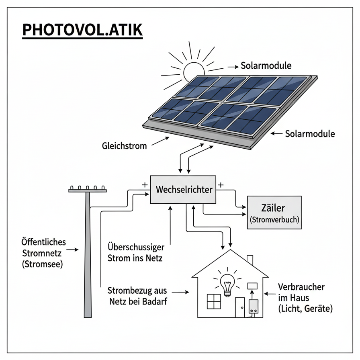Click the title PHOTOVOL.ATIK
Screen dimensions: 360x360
tap(82, 31)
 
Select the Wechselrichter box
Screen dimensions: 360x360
tap(183, 190)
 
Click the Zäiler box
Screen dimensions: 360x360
tap(274, 213)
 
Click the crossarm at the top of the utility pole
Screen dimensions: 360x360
tap(87, 190)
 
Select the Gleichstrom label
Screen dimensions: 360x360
tap(124, 145)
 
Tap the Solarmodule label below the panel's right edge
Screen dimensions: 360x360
tap(309, 133)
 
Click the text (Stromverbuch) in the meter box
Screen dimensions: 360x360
tap(274, 220)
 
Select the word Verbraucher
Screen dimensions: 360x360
tap(301, 288)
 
